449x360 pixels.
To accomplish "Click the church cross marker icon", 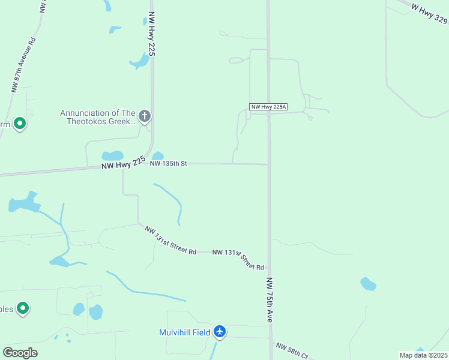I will (x=144, y=116).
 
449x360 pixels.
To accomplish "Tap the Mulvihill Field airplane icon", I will (x=220, y=331).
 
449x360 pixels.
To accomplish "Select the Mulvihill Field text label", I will (x=184, y=332).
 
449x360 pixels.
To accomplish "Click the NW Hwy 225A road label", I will (x=268, y=107).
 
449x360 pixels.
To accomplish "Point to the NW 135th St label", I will (x=169, y=163).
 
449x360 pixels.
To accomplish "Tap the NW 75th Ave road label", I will (x=270, y=300).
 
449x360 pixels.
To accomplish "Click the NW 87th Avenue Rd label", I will (x=24, y=65).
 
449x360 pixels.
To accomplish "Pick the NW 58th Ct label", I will (x=292, y=351).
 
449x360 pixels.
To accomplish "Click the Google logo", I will (x=20, y=353).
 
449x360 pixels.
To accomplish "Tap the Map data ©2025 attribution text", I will (x=423, y=355).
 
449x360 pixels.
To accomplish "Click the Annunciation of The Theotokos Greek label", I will (x=97, y=117).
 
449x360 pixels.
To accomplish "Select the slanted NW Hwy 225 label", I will (x=124, y=163).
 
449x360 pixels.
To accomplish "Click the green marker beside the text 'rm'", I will (x=20, y=124).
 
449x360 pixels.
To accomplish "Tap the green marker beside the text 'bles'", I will (x=23, y=308).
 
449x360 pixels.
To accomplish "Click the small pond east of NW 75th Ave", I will (x=368, y=284).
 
